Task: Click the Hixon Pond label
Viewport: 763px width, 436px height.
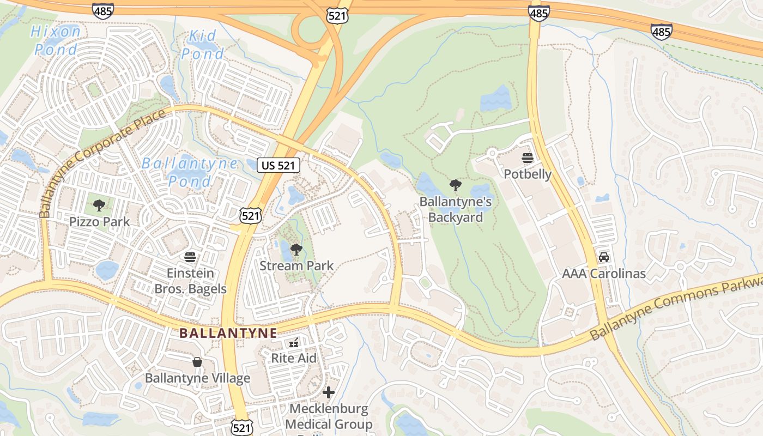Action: pyautogui.click(x=56, y=40)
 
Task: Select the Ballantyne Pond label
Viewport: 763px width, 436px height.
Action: pyautogui.click(x=190, y=172)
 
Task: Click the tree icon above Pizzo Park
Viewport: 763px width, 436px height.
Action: pyautogui.click(x=99, y=205)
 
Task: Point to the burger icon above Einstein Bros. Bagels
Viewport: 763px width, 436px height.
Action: pyautogui.click(x=190, y=257)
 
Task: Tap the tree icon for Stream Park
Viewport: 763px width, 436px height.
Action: pyautogui.click(x=296, y=250)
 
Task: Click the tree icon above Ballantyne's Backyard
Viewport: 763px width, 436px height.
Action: pyautogui.click(x=456, y=185)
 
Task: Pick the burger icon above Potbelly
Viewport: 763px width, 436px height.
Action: pyautogui.click(x=527, y=158)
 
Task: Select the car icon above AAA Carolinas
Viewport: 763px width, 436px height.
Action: pyautogui.click(x=604, y=257)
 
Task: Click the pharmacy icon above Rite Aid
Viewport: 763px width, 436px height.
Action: pyautogui.click(x=294, y=342)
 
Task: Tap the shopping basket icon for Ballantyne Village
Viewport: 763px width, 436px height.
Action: pyautogui.click(x=197, y=362)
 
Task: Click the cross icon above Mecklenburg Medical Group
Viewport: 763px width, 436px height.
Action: pyautogui.click(x=329, y=392)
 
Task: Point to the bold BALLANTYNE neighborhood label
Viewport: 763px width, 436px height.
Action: pyautogui.click(x=228, y=332)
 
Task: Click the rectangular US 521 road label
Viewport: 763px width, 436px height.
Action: pyautogui.click(x=278, y=165)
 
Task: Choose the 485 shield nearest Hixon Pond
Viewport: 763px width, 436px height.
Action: pyautogui.click(x=102, y=10)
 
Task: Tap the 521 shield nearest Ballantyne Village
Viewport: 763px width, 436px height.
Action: pyautogui.click(x=241, y=428)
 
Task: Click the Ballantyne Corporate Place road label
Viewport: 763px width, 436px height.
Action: pyautogui.click(x=102, y=163)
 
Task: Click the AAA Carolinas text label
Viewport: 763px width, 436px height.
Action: pyautogui.click(x=604, y=274)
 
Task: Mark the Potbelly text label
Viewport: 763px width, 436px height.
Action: pyautogui.click(x=528, y=174)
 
